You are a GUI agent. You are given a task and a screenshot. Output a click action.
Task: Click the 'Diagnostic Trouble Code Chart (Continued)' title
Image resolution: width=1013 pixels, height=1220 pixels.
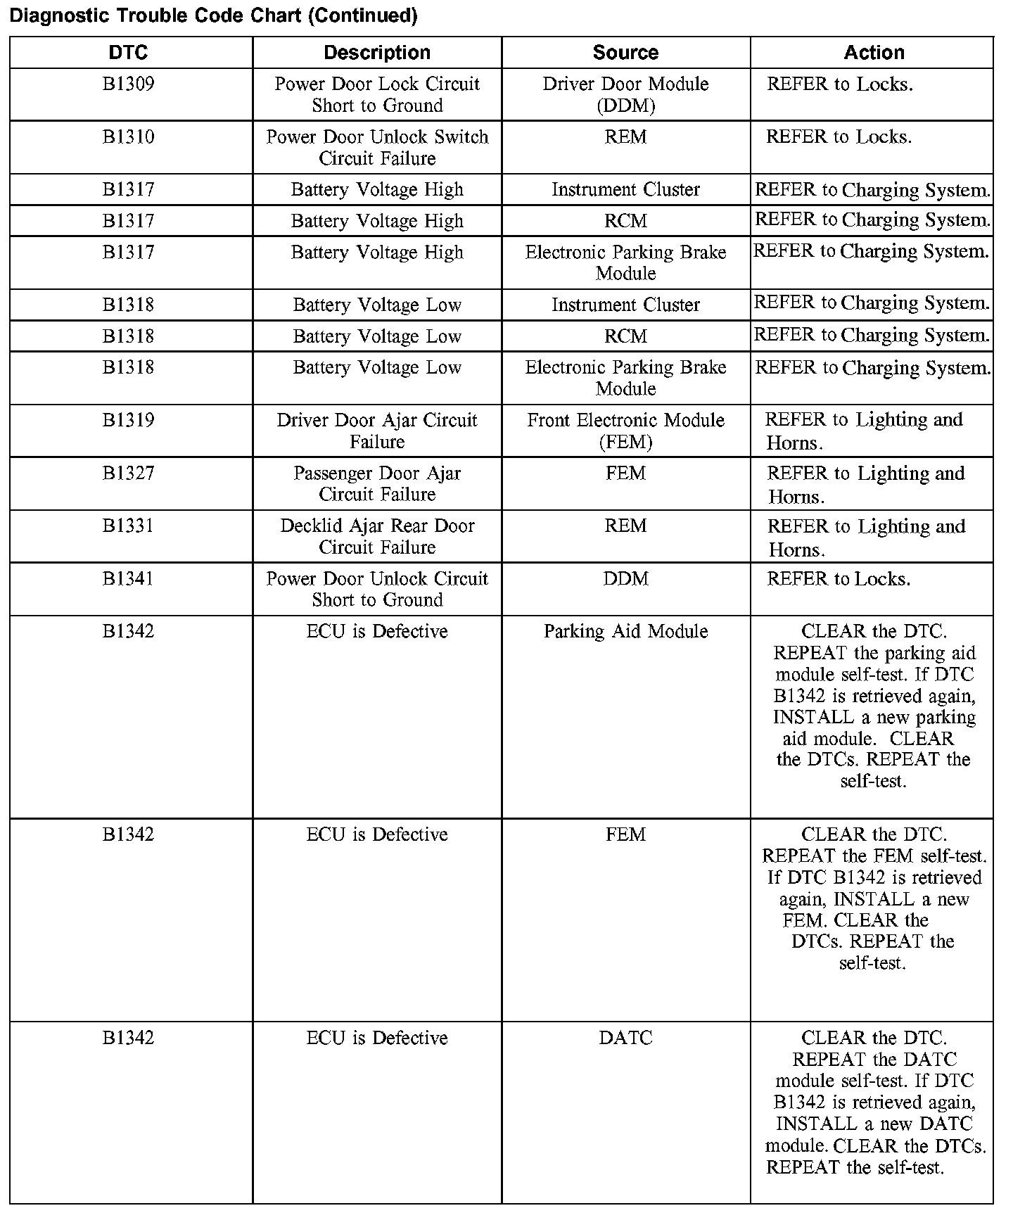pos(213,15)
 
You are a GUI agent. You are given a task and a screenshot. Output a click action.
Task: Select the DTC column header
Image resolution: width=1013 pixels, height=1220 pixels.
pos(128,53)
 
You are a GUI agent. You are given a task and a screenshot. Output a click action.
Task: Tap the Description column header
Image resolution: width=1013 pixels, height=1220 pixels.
pos(377,53)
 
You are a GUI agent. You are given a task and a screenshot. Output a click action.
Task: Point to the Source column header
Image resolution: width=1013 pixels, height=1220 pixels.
pos(625,53)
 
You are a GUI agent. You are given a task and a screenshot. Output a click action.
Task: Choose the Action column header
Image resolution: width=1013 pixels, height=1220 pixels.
pos(874,53)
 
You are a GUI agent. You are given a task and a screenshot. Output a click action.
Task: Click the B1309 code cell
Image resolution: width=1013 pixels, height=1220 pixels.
pos(128,84)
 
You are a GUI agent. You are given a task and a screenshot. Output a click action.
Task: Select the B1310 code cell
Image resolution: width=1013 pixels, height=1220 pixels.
pos(128,137)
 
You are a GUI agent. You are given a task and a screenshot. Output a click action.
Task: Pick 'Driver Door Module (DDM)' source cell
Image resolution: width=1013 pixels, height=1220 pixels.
pos(625,94)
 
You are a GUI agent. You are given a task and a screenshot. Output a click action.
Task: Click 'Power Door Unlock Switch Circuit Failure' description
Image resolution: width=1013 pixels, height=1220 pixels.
pos(377,147)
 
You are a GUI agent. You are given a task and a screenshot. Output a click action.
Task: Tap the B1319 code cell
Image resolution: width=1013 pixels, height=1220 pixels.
pos(128,421)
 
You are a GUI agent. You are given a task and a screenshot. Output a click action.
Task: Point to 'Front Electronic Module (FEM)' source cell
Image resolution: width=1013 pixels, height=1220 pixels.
pos(625,431)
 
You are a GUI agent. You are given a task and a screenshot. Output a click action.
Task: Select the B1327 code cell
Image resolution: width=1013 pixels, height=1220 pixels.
pos(128,474)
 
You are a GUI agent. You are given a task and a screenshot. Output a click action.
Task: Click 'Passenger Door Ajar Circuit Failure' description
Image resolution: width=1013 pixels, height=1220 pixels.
pos(377,483)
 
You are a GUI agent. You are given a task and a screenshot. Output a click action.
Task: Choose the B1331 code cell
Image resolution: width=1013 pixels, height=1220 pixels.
pos(128,526)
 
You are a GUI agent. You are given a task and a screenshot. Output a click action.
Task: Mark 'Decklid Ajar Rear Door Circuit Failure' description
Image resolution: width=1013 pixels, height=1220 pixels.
pos(377,536)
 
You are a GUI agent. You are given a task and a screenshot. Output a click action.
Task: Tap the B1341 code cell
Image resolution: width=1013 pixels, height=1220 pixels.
pos(128,579)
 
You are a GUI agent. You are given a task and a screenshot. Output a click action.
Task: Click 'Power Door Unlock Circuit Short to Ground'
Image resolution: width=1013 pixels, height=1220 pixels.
pos(377,589)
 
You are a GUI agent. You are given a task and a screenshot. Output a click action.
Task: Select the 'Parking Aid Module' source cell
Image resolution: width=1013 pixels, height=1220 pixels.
pos(625,632)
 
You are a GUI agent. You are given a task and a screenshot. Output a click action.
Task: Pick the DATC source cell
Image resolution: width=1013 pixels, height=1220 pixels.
pos(625,1038)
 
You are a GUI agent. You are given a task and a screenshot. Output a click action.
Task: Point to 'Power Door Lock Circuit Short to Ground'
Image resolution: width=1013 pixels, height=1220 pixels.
pos(377,94)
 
